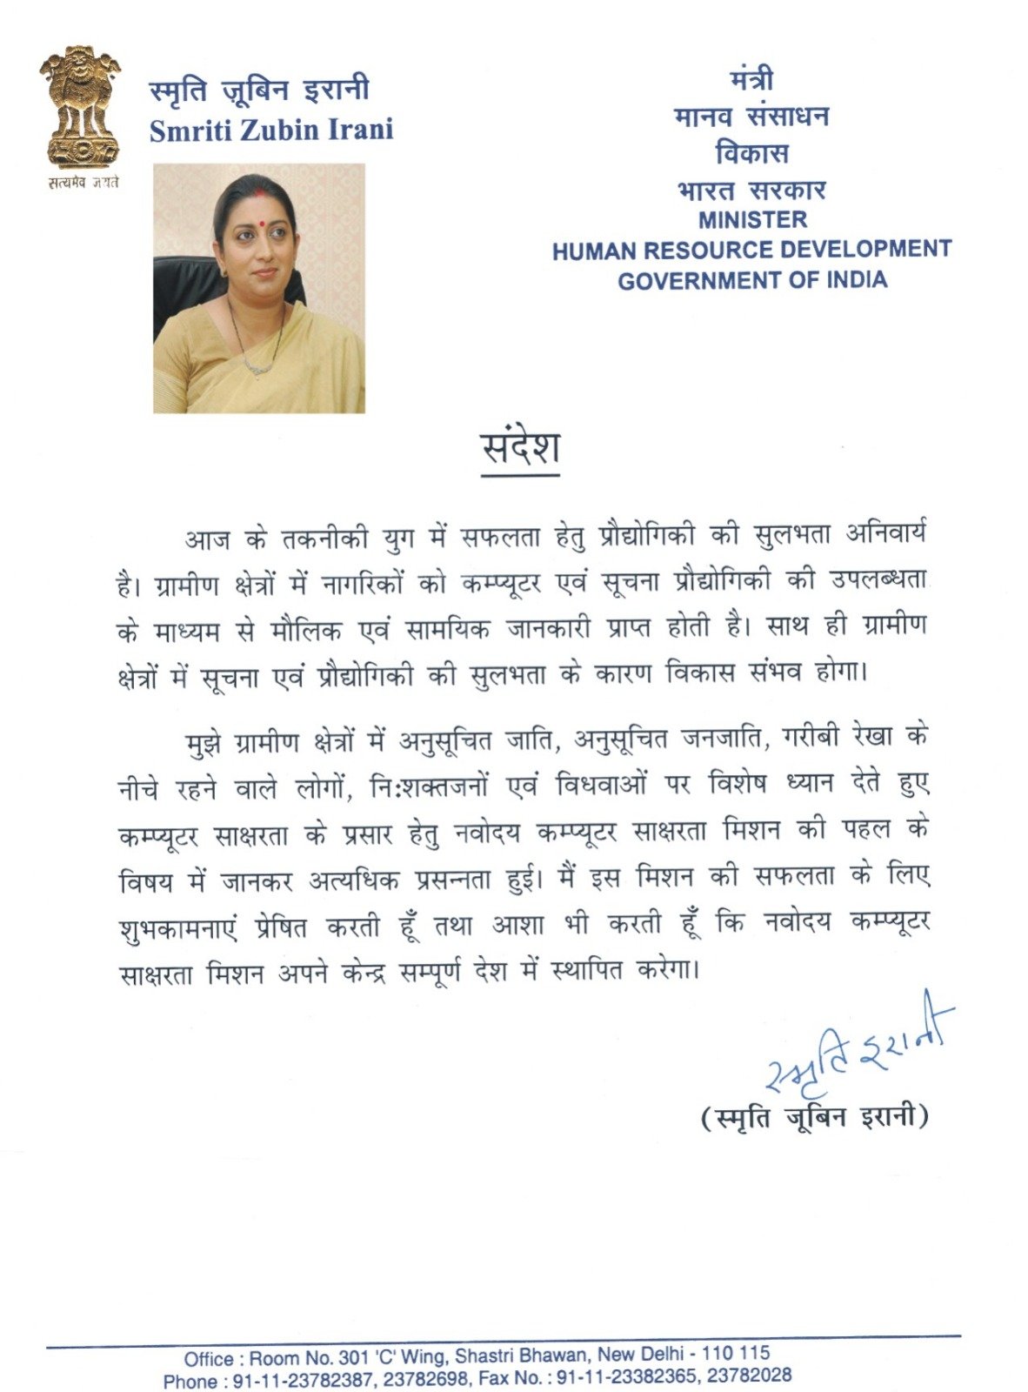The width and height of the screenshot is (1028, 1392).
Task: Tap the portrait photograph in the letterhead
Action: (259, 288)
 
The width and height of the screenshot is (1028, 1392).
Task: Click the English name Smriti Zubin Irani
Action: (271, 130)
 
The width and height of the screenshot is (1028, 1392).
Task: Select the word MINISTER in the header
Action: (752, 219)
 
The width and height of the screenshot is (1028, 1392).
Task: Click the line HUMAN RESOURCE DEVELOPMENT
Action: (751, 251)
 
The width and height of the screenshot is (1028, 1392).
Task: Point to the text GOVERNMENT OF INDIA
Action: (752, 280)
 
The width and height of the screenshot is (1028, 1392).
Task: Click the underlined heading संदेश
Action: (520, 448)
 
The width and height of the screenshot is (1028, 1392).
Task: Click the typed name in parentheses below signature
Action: (815, 1116)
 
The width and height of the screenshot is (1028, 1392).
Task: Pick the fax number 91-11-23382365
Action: (627, 1377)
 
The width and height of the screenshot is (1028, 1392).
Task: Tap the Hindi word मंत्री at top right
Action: (751, 80)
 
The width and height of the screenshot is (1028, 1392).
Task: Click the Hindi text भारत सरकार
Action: (751, 189)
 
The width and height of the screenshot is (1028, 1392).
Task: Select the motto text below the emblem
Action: (82, 182)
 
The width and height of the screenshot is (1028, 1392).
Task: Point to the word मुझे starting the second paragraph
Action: (205, 742)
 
